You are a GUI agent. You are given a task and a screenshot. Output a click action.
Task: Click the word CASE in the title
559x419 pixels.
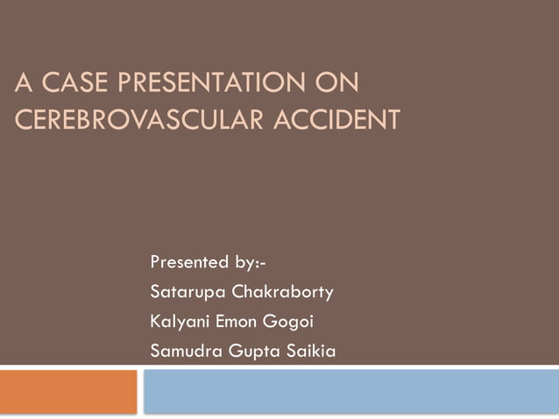(x=67, y=87)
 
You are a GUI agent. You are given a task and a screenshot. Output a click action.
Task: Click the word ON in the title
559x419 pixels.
(x=336, y=87)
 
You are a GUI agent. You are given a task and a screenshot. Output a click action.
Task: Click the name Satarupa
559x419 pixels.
(x=187, y=290)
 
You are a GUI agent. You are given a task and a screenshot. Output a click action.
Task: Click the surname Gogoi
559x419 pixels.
(x=294, y=321)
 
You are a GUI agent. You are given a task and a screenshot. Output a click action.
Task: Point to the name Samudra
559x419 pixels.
(x=186, y=352)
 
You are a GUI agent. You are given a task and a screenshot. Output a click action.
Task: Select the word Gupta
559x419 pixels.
(x=249, y=352)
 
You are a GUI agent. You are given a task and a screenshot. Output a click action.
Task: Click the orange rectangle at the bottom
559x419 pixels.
(x=68, y=391)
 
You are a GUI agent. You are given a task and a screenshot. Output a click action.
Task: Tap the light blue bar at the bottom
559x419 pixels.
(x=350, y=391)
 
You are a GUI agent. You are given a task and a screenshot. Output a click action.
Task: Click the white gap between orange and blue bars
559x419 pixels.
(x=141, y=391)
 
